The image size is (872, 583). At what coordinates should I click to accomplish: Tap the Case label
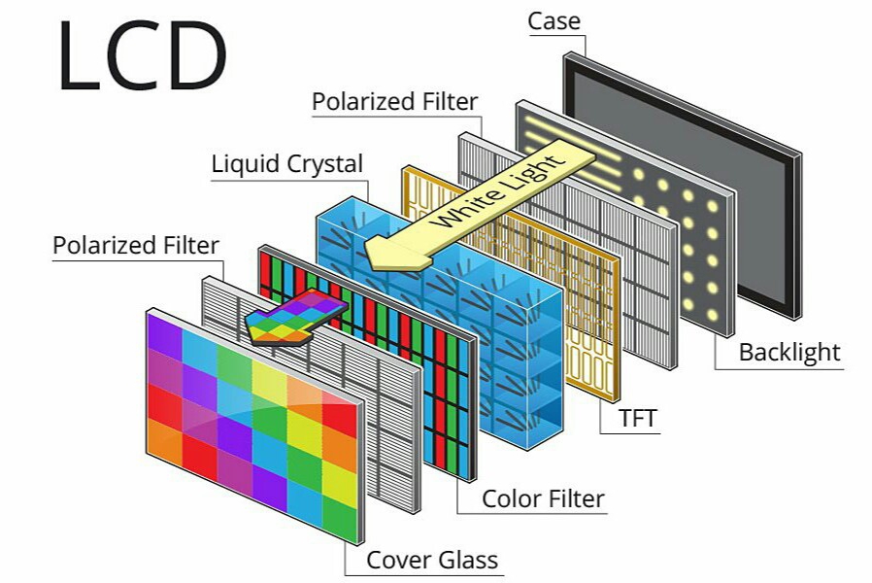555,20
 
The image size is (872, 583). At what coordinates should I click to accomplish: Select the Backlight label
789,352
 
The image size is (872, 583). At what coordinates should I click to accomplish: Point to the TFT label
638,419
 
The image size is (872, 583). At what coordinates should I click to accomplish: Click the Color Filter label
543,499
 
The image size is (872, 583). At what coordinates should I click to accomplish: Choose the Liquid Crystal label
287,164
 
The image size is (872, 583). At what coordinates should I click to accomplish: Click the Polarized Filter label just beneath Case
394,101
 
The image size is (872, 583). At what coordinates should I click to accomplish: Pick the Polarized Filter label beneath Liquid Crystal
136,245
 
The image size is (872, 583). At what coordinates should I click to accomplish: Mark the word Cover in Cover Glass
396,560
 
